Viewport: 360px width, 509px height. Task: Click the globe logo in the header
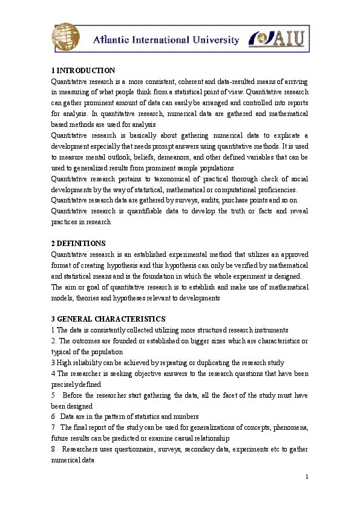click(x=65, y=37)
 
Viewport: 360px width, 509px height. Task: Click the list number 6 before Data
click(x=53, y=417)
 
